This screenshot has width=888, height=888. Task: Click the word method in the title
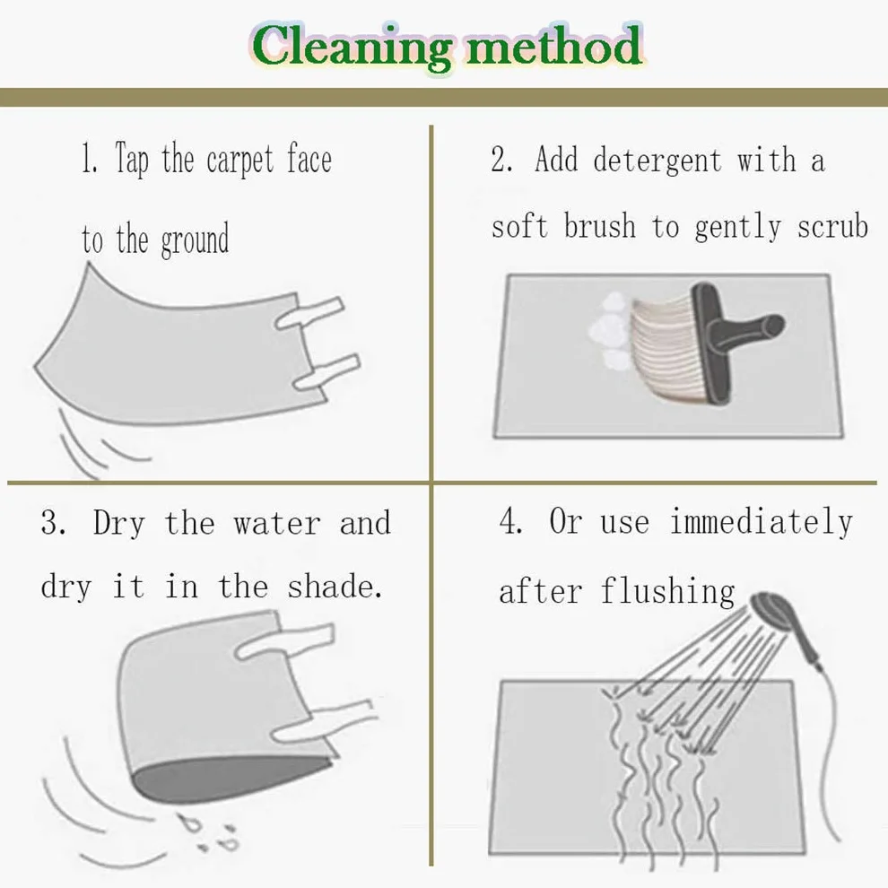click(553, 46)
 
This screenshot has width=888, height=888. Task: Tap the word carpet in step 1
click(240, 161)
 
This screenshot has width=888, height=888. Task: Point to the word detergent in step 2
click(657, 161)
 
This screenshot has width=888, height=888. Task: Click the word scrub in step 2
click(832, 227)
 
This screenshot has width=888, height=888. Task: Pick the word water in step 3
click(277, 523)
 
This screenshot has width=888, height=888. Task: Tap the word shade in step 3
click(335, 586)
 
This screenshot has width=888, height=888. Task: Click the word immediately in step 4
click(762, 522)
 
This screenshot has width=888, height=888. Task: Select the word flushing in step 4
click(667, 591)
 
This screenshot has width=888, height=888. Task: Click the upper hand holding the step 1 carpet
click(309, 313)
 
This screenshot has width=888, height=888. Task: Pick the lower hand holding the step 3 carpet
click(324, 722)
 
